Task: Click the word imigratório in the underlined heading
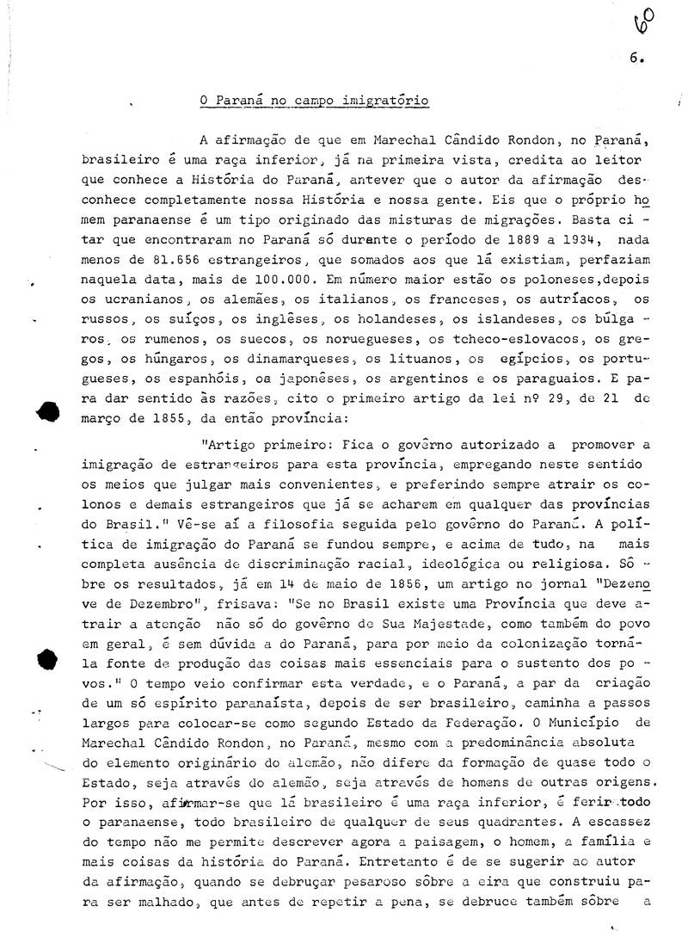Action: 388,101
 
